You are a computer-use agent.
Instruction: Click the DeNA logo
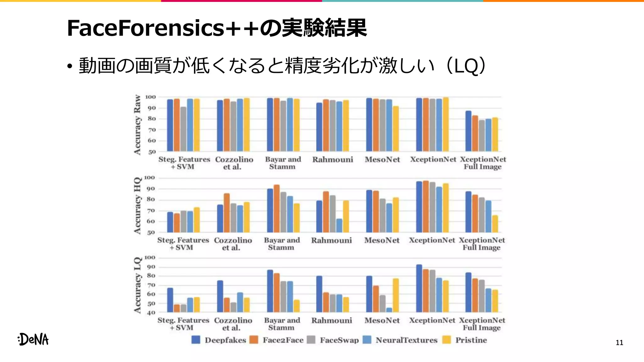coord(33,339)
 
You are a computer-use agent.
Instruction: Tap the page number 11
coord(619,343)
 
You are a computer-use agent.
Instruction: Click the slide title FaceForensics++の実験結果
coord(217,28)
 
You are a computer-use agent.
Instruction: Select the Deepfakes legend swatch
coord(196,340)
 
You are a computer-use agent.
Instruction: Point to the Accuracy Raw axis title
coord(137,125)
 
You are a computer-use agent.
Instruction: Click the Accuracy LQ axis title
coord(137,285)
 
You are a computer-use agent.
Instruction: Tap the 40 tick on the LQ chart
coord(151,313)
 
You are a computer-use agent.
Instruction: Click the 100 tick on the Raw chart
coord(150,97)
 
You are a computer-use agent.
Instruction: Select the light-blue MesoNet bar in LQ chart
coord(389,310)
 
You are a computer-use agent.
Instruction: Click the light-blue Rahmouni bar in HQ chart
coord(339,226)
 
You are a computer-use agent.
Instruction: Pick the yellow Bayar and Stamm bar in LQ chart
coord(297,306)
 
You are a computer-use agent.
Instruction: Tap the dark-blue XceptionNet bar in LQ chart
coord(419,288)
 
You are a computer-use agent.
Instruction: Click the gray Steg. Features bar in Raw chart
coord(183,129)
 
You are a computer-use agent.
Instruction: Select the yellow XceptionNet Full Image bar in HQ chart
coord(495,224)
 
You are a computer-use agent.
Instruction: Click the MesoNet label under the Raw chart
coord(382,160)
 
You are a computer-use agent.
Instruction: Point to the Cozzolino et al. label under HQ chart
coord(233,244)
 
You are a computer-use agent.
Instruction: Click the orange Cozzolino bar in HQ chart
coord(227,213)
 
